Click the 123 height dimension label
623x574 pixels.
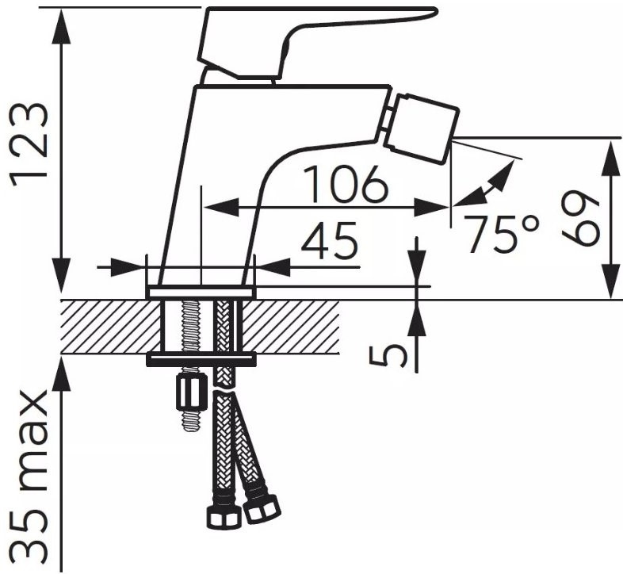pos(29,144)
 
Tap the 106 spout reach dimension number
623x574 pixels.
pos(346,185)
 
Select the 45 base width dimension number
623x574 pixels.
pos(330,241)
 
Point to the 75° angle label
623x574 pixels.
pos(503,234)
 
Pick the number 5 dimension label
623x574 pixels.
pos(388,356)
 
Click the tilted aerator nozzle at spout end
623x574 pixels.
pos(422,128)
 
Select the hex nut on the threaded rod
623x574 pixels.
pos(191,393)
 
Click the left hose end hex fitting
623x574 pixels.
pos(224,517)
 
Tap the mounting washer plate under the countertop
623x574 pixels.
pos(201,360)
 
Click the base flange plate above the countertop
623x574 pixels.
pos(201,293)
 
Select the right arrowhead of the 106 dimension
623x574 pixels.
pos(432,207)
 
